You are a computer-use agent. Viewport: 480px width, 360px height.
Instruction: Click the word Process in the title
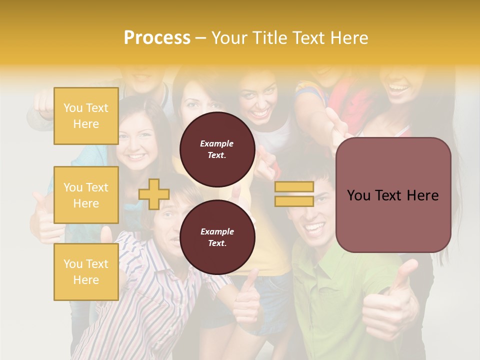pyautogui.click(x=157, y=38)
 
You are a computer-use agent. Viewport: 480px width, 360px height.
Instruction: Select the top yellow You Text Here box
pyautogui.click(x=86, y=116)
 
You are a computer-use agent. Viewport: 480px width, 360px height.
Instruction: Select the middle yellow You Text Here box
pyautogui.click(x=86, y=195)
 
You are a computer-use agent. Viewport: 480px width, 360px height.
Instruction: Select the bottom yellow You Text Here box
pyautogui.click(x=86, y=272)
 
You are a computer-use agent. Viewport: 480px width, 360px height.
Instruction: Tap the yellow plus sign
pyautogui.click(x=154, y=194)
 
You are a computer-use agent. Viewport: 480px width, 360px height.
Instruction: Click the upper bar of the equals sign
pyautogui.click(x=294, y=187)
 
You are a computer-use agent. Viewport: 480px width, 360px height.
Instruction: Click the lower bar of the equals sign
pyautogui.click(x=294, y=201)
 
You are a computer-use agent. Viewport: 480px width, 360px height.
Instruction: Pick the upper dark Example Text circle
pyautogui.click(x=217, y=149)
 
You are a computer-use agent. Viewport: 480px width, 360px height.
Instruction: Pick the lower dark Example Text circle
pyautogui.click(x=217, y=237)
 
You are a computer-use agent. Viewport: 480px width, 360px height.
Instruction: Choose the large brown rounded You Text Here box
pyautogui.click(x=393, y=195)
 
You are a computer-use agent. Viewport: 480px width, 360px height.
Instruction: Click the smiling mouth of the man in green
pyautogui.click(x=315, y=229)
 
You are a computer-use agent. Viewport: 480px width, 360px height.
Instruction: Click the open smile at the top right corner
pyautogui.click(x=399, y=89)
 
